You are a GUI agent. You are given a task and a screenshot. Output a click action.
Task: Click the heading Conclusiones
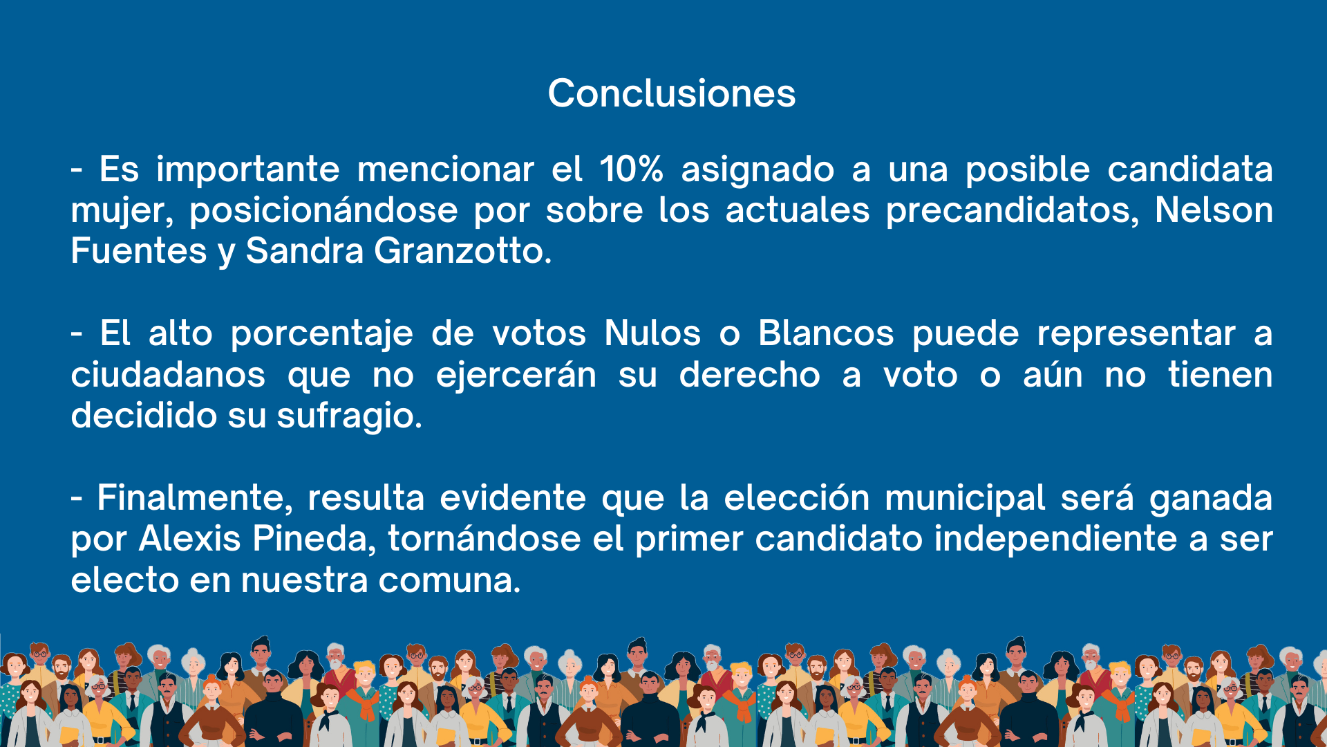(x=672, y=93)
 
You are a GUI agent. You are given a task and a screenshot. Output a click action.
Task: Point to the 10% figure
(x=632, y=169)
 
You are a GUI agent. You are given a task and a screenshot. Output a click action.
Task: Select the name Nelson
(x=1214, y=210)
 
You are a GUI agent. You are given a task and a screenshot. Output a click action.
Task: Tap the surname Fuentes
(x=139, y=250)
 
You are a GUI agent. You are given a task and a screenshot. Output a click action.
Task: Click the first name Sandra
(x=305, y=250)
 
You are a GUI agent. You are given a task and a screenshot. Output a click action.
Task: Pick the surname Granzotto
(x=462, y=250)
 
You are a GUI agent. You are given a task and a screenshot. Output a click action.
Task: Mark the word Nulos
(x=652, y=333)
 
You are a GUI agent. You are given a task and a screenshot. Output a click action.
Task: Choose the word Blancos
(x=826, y=333)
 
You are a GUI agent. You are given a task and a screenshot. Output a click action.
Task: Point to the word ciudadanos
(x=168, y=375)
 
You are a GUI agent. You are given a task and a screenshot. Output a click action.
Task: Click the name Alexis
(x=190, y=539)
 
